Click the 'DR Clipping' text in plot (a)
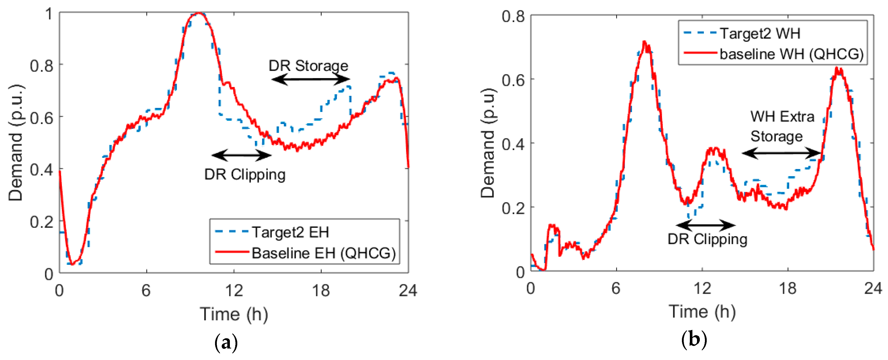tap(245, 174)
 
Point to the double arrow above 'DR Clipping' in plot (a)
tap(241, 155)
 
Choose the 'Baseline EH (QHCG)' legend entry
tap(323, 253)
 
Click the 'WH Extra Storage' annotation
tap(782, 127)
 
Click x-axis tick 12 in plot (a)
tap(234, 290)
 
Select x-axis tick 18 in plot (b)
tap(788, 288)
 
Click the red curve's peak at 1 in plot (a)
tap(198, 13)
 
